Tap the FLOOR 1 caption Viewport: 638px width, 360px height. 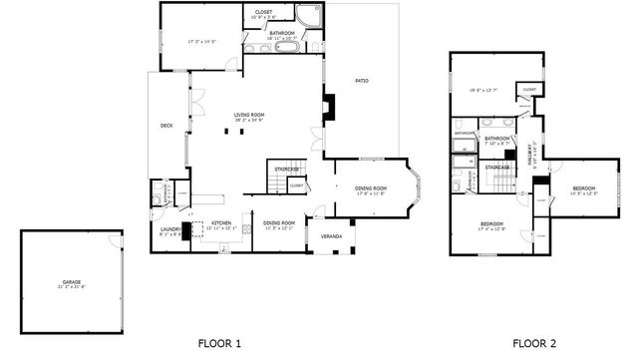point(219,342)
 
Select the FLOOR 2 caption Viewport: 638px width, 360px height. point(535,342)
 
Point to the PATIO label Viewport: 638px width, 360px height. point(362,80)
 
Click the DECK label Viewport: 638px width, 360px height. point(166,125)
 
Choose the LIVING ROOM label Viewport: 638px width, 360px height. point(249,115)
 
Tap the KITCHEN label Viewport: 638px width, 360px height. point(221,222)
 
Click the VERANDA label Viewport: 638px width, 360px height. point(331,235)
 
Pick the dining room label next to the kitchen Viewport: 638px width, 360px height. point(279,222)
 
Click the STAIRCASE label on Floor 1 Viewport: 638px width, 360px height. point(288,169)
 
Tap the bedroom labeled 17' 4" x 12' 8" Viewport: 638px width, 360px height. point(491,224)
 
